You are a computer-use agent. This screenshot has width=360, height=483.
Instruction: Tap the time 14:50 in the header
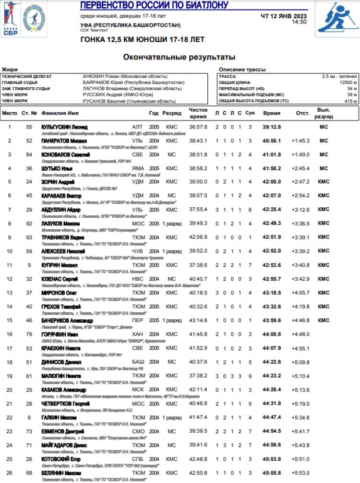[299, 22]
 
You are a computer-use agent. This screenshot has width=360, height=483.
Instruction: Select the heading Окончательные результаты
[179, 57]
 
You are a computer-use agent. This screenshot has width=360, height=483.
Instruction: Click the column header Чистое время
[198, 113]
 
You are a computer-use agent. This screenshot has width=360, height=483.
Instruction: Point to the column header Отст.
[301, 114]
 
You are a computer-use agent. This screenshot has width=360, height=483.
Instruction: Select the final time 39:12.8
[271, 127]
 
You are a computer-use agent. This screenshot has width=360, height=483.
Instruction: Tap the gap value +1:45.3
[300, 141]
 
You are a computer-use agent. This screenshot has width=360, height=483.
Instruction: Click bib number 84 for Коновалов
[29, 154]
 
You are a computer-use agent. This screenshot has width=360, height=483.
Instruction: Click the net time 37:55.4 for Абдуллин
[198, 210]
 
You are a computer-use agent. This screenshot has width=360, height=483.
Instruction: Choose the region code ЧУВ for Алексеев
[137, 251]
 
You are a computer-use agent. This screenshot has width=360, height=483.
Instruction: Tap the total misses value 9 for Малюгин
[250, 376]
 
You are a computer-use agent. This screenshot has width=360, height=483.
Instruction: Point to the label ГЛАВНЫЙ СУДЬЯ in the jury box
[20, 82]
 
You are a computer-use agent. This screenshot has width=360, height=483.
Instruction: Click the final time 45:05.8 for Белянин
[271, 473]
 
